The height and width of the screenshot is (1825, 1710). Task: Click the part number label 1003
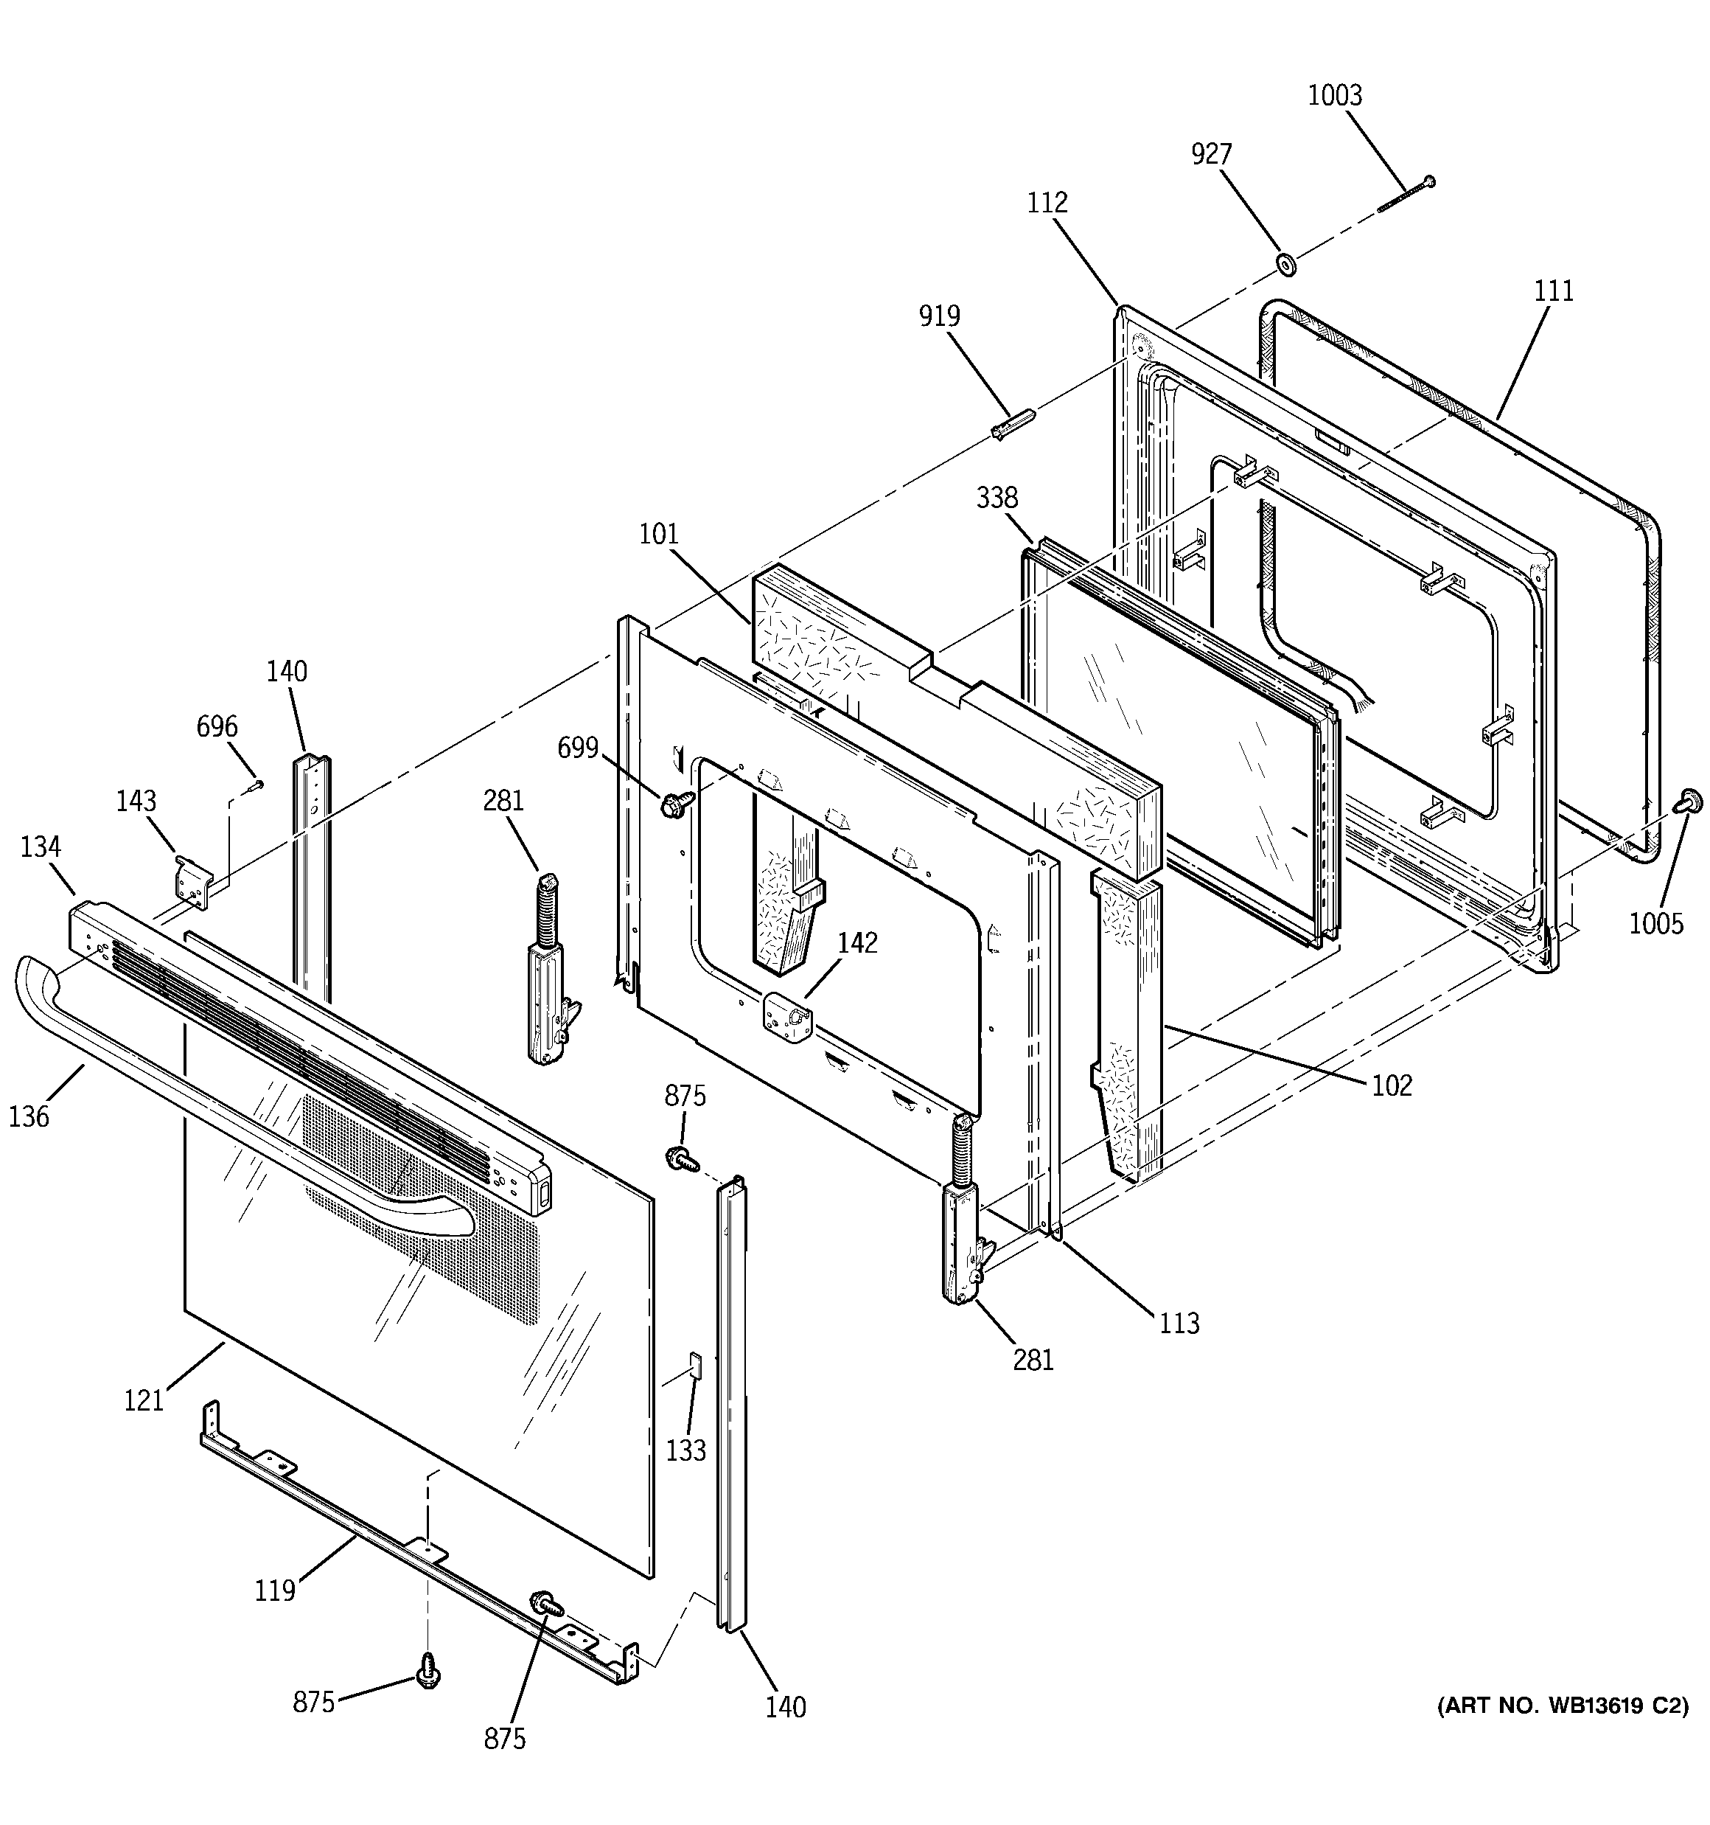(x=1335, y=95)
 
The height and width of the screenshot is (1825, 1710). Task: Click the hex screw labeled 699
(x=674, y=806)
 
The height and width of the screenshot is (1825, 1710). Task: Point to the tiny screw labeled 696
(x=255, y=785)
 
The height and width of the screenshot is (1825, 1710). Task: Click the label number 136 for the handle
(x=29, y=1116)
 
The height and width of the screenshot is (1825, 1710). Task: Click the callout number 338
(x=997, y=498)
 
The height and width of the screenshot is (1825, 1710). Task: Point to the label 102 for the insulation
(x=1392, y=1085)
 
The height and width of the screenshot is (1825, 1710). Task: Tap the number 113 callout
(x=1179, y=1323)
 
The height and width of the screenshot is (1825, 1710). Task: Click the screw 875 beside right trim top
(x=678, y=1157)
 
